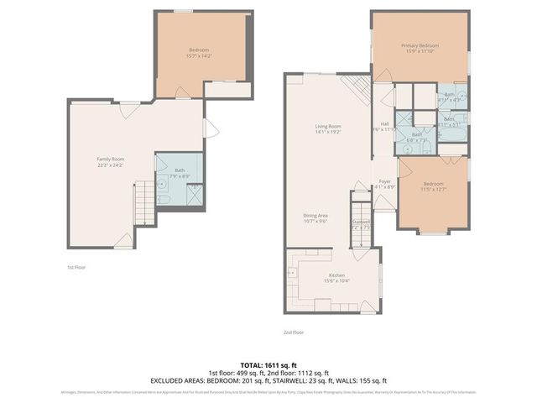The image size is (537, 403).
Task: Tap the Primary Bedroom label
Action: [420, 45]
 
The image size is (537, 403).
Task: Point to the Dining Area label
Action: [315, 216]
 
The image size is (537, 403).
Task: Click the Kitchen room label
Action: [336, 275]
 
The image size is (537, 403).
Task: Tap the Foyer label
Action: [384, 181]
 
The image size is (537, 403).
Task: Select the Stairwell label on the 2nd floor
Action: [361, 222]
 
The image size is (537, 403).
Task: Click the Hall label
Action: [384, 124]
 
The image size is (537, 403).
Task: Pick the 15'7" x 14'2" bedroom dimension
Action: [199, 57]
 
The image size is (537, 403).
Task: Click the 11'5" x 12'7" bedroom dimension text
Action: [433, 189]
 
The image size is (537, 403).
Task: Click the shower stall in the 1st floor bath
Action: [192, 195]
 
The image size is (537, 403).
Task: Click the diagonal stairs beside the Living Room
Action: [355, 88]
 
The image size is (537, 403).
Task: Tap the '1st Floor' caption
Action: [77, 267]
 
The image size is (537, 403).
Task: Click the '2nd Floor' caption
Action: [294, 332]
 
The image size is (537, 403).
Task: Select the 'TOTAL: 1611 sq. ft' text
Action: [268, 365]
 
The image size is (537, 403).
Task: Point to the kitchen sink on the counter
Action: [295, 273]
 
